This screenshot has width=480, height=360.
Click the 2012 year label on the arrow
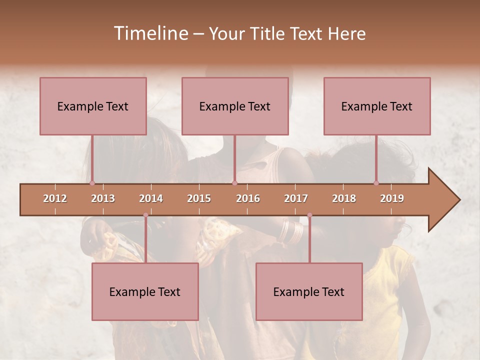[55, 198]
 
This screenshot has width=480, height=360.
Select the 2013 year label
[103, 198]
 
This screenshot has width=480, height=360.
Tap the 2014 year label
[151, 198]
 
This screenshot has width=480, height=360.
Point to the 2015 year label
[199, 198]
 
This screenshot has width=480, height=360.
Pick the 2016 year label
[248, 198]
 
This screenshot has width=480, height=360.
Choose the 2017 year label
[296, 198]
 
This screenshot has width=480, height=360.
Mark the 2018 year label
[344, 198]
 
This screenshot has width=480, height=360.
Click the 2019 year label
[392, 198]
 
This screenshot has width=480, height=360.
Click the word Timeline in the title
[150, 33]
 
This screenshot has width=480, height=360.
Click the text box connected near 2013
[93, 106]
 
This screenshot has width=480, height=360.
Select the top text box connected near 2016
[235, 106]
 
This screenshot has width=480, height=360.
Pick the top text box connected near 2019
[377, 106]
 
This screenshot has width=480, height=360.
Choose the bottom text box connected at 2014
[145, 291]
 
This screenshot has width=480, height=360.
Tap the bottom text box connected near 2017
[309, 291]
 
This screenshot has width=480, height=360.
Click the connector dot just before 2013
[92, 183]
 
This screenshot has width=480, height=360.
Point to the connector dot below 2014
[145, 215]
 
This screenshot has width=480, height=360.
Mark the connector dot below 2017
[309, 215]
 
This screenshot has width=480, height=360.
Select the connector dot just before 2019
[376, 183]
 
